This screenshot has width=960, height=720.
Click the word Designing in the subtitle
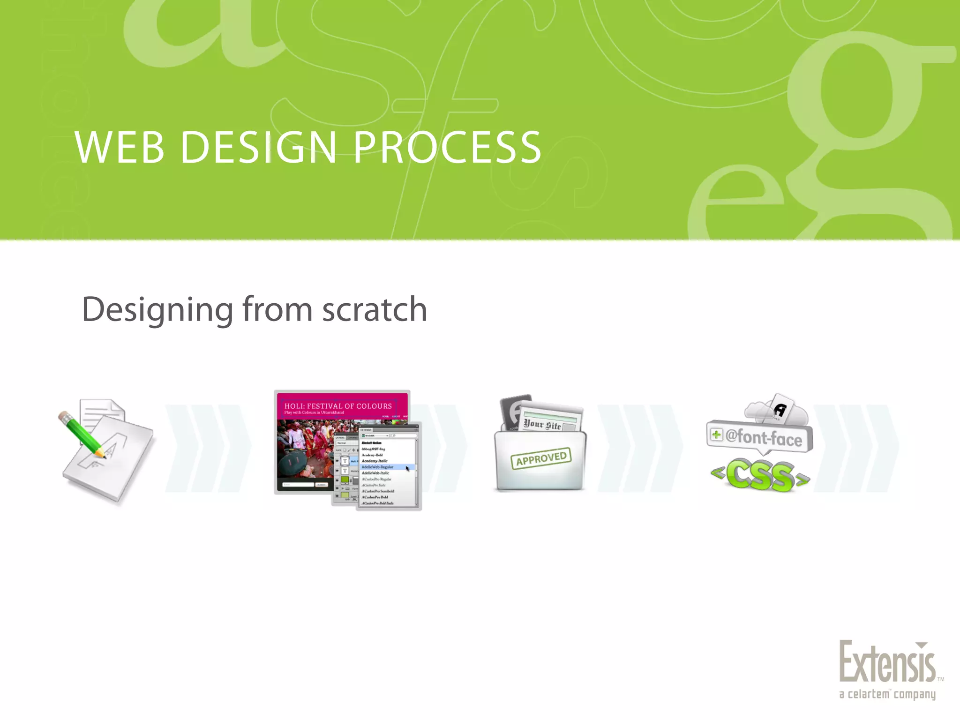click(x=157, y=310)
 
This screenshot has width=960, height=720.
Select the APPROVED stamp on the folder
click(x=541, y=458)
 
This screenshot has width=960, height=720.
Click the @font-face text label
click(x=764, y=438)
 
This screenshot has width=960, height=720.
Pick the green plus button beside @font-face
click(x=716, y=435)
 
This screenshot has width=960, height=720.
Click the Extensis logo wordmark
click(x=887, y=662)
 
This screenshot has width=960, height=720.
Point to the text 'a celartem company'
click(x=887, y=694)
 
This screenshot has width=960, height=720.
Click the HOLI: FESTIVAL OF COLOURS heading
click(x=338, y=406)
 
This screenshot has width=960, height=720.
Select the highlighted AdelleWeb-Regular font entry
click(x=378, y=467)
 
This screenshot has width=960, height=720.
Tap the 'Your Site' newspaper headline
click(x=542, y=425)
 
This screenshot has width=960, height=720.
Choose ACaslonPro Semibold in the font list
click(x=378, y=491)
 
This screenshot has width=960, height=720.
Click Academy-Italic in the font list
click(x=375, y=461)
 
